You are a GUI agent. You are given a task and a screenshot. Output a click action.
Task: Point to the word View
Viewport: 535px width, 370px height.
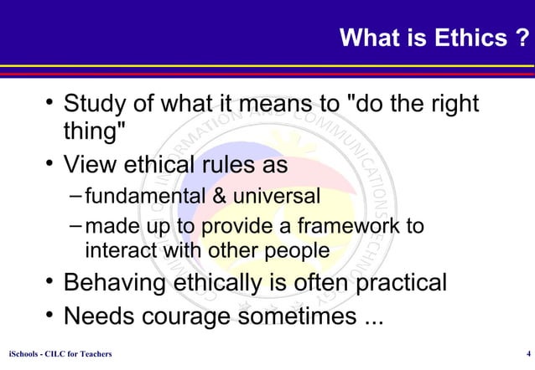92,165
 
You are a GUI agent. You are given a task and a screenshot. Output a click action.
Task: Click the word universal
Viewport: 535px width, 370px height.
278,197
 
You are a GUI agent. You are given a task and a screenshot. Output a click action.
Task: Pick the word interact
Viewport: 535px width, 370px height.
118,250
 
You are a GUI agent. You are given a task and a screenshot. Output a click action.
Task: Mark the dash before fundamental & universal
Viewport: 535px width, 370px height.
76,197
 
